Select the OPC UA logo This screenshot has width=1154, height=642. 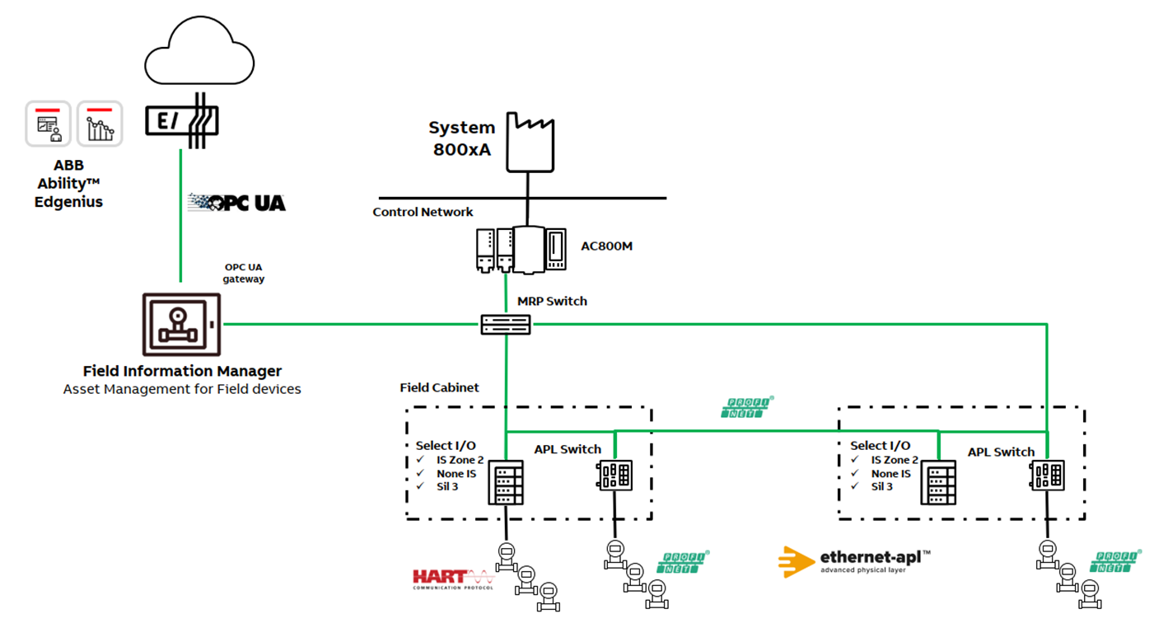(x=236, y=202)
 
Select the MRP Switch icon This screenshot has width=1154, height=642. (x=506, y=325)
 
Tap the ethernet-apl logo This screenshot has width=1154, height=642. (x=854, y=561)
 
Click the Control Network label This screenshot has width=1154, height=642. (x=423, y=212)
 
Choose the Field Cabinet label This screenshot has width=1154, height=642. (x=439, y=387)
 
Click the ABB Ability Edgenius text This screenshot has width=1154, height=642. (x=68, y=184)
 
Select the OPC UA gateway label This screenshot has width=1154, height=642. (x=245, y=273)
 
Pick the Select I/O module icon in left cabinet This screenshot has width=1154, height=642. (x=505, y=483)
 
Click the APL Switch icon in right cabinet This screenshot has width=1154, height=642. (x=1046, y=476)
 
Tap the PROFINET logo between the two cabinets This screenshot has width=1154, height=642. (x=747, y=407)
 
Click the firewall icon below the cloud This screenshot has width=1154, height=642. (x=182, y=121)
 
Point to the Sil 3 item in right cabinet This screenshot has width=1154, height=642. (x=882, y=486)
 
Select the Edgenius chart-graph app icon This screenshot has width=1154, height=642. (x=100, y=124)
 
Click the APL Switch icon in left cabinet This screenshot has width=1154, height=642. (x=614, y=476)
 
